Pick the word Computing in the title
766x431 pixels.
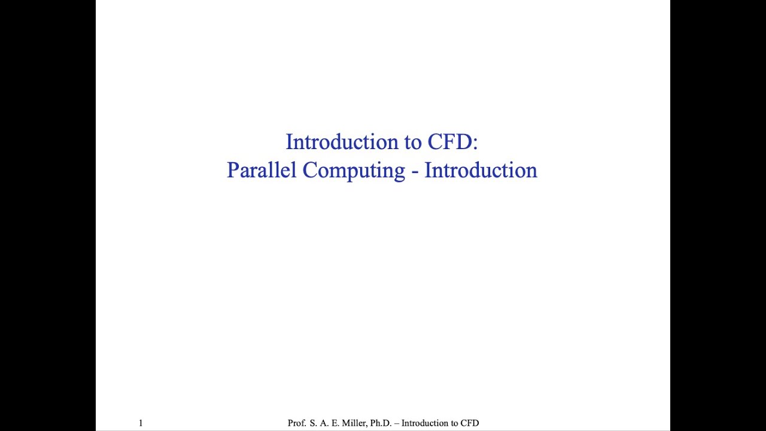click(353, 171)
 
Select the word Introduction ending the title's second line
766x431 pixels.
click(481, 170)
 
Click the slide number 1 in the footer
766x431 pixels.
click(141, 423)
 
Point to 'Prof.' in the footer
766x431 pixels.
click(297, 423)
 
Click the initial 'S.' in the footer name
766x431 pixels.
click(313, 423)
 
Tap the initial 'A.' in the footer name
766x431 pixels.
click(324, 423)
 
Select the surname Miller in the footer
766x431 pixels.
click(354, 423)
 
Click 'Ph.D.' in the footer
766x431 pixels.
click(381, 423)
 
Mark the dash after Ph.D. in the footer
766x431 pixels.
click(397, 423)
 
